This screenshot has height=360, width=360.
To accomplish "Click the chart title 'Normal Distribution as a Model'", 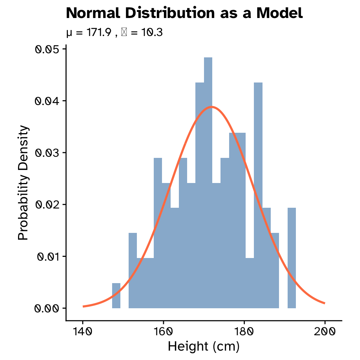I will [x=184, y=13].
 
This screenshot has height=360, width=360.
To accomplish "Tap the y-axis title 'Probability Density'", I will [x=23, y=183].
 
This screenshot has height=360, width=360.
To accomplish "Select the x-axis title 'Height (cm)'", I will [x=204, y=346].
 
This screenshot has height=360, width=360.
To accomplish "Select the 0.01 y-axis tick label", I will [x=48, y=256].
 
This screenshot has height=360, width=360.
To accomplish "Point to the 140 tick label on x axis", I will [x=82, y=331].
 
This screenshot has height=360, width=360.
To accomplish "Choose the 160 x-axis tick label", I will [x=163, y=331].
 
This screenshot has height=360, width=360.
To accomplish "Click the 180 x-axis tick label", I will [x=244, y=331].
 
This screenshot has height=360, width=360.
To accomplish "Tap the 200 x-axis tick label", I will [x=325, y=331].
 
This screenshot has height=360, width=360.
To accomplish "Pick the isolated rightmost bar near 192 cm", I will [x=292, y=259].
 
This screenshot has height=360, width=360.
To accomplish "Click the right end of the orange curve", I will [x=324, y=303].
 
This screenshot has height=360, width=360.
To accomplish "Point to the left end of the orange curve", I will [x=83, y=306].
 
